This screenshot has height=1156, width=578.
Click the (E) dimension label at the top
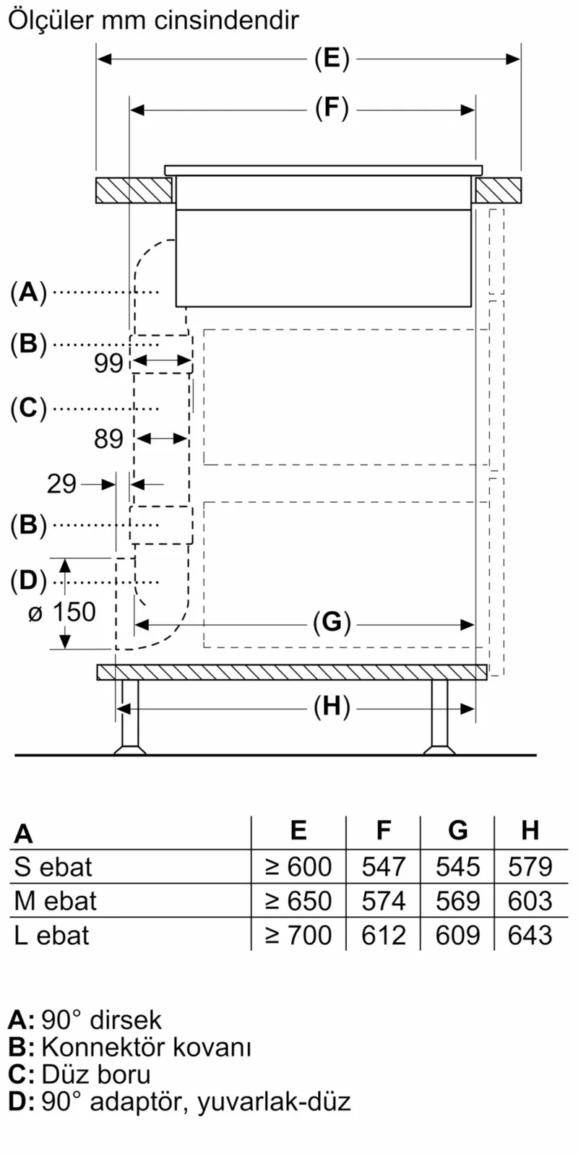coord(332,59)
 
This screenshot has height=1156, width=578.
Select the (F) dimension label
coord(332,109)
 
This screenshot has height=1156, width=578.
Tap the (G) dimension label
coord(332,622)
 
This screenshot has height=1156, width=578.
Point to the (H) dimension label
coord(332,707)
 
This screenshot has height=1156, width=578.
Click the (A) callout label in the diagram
coord(28,292)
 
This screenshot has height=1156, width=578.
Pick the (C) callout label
coord(28,408)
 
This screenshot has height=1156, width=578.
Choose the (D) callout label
coord(28,580)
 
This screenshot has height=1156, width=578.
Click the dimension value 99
coord(109,363)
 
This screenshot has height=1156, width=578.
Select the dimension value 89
coord(109,439)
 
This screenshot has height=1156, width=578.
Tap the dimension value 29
coord(61,483)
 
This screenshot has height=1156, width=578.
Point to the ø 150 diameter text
coord(61,612)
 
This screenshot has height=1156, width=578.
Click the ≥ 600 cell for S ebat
coord(298,866)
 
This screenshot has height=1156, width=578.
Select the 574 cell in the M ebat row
coord(384,901)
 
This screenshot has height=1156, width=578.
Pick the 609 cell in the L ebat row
coord(457,936)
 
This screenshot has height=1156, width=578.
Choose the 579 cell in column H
coord(530,866)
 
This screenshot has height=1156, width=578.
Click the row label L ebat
coord(51,936)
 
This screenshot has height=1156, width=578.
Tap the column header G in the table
coord(457,831)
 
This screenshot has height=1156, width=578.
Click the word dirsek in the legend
coord(126,1020)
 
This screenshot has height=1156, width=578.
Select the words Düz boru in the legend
coord(96,1074)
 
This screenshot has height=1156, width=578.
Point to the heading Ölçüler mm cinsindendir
coord(152,20)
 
